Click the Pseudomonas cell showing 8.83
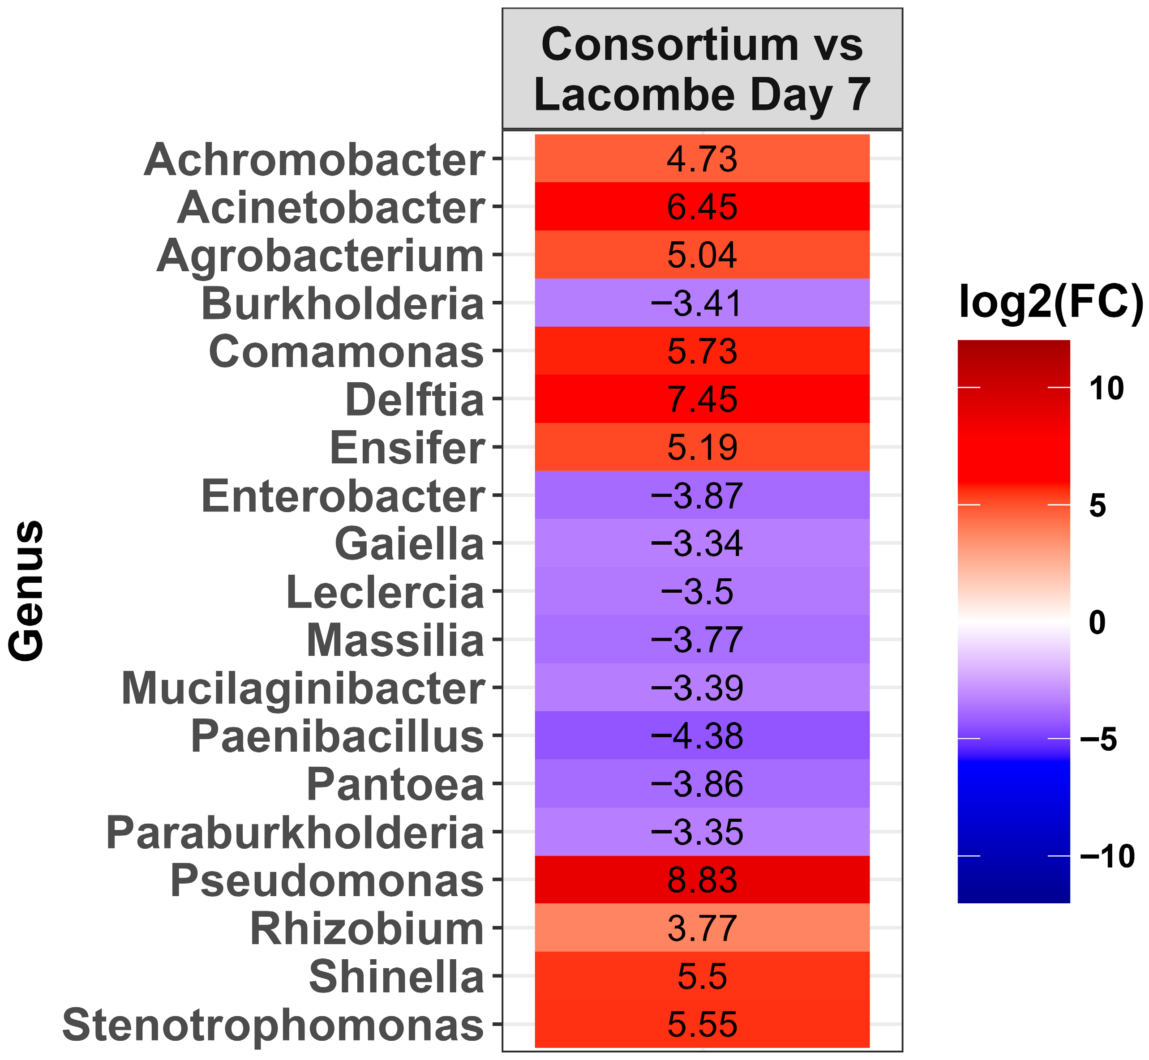[702, 880]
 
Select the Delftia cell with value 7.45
[702, 399]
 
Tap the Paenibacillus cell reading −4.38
[702, 736]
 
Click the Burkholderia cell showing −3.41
[702, 303]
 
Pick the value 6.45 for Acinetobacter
[702, 207]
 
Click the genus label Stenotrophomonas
[273, 1025]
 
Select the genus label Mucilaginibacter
[303, 688]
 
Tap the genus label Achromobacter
[314, 159]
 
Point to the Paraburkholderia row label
[295, 832]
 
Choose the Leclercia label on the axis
[385, 592]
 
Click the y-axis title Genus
[27, 591]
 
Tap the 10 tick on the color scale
[1106, 389]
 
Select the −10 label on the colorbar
[1106, 856]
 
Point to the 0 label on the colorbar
[1097, 622]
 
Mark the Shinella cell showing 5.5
[702, 976]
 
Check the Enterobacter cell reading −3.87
[702, 496]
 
